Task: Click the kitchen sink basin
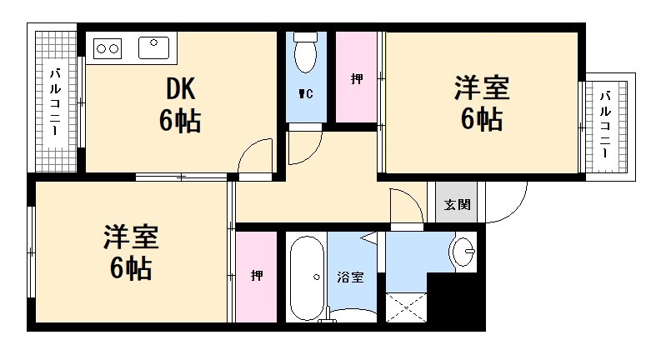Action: tap(153, 47)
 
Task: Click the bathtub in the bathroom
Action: tap(307, 277)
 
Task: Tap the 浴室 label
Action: tap(351, 277)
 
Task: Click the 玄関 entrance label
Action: tap(456, 205)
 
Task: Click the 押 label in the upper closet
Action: tap(357, 80)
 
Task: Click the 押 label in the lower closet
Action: tap(257, 276)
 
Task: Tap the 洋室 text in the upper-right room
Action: tap(482, 87)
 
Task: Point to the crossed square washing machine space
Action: tap(407, 308)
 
